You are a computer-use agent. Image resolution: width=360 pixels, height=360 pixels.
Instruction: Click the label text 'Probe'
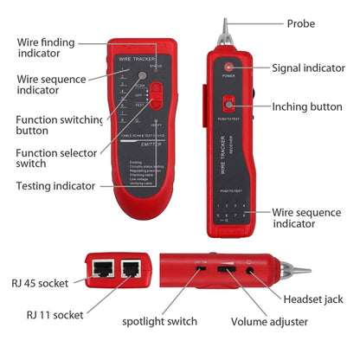300,23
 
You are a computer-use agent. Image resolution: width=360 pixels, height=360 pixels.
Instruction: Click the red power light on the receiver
228,67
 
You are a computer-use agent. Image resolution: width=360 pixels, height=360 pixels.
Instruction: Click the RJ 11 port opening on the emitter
131,267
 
